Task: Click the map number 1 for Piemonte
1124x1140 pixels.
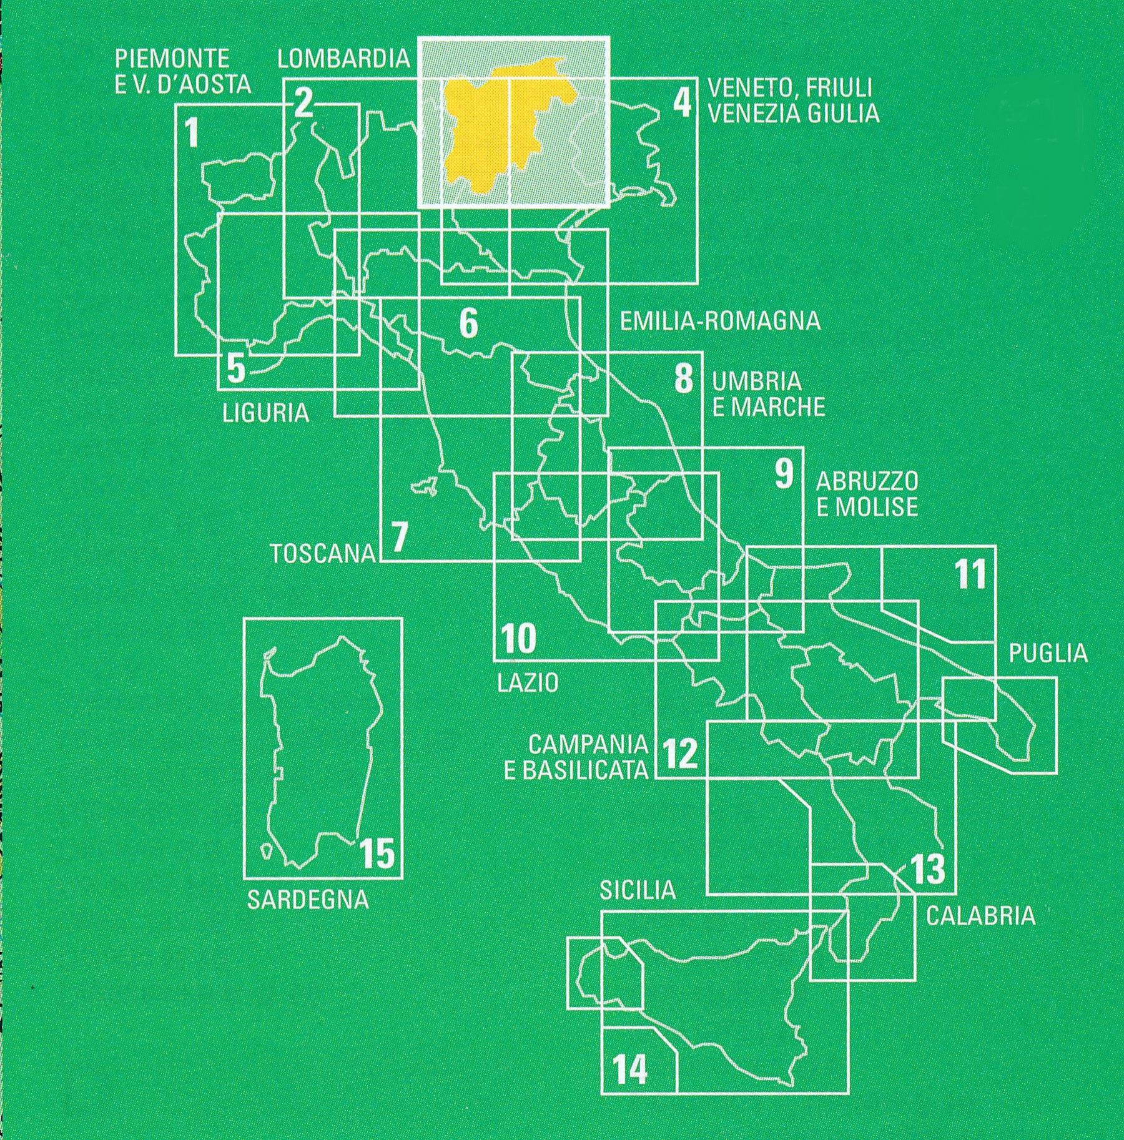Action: pyautogui.click(x=192, y=134)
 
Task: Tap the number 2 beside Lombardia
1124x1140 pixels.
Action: pyautogui.click(x=303, y=103)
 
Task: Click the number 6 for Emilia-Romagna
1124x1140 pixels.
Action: pyautogui.click(x=468, y=323)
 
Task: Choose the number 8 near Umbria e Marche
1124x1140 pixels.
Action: pyautogui.click(x=684, y=378)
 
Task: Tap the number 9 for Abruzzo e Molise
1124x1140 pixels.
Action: pyautogui.click(x=784, y=474)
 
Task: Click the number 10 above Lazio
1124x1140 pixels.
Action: pyautogui.click(x=518, y=639)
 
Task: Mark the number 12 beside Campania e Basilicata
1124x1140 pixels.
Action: pyautogui.click(x=680, y=754)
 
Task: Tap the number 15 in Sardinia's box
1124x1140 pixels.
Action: pyautogui.click(x=378, y=853)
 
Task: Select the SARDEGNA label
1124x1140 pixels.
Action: pyautogui.click(x=308, y=900)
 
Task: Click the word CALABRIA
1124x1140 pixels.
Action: pyautogui.click(x=980, y=916)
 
